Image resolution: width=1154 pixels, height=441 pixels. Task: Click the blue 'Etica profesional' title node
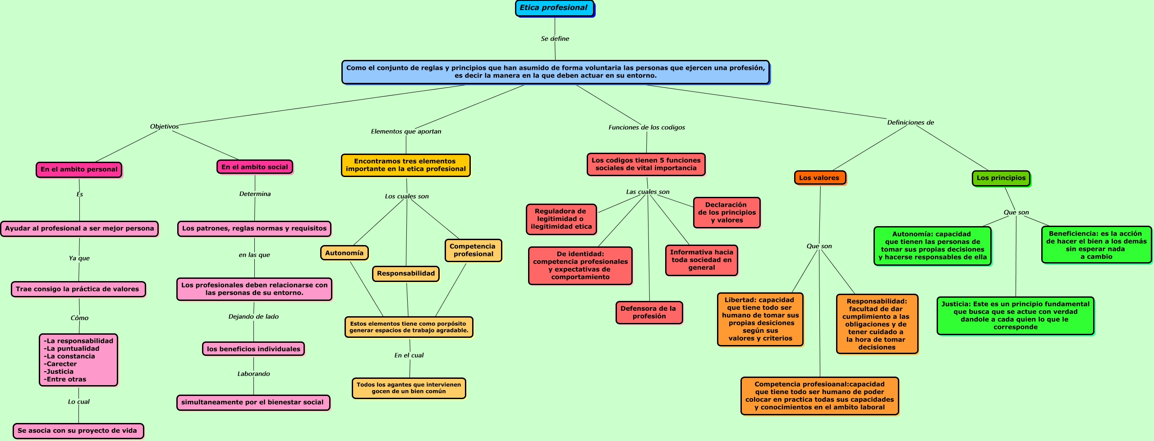[x=554, y=8]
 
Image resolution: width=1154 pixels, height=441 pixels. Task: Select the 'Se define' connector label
[x=555, y=39]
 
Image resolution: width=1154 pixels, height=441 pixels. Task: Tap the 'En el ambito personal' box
[x=79, y=169]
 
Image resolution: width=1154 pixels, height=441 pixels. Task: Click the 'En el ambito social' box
[x=255, y=167]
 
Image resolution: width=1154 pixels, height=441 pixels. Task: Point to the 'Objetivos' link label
[x=164, y=127]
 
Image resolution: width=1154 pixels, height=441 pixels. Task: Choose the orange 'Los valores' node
[x=819, y=177]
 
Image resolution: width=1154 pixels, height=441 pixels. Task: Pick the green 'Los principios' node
[x=1001, y=178]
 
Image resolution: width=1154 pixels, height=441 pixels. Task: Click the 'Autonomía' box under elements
[x=344, y=253]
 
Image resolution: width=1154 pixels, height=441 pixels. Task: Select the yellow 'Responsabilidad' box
[x=405, y=273]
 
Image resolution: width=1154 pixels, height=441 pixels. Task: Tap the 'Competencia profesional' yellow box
[x=473, y=250]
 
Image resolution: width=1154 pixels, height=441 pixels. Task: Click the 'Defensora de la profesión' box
[x=648, y=312]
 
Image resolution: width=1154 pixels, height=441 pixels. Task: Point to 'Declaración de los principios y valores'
[x=726, y=212]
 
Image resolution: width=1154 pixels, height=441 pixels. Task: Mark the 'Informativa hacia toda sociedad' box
[x=701, y=260]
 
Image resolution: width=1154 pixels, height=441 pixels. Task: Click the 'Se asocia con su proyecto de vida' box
[x=78, y=431]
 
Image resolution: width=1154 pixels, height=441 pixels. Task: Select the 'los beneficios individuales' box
[x=253, y=349]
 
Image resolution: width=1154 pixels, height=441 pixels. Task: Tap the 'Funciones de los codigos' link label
[x=646, y=127]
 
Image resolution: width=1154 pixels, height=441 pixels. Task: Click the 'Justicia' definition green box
[x=1015, y=315]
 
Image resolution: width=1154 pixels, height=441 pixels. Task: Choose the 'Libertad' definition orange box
[x=760, y=319]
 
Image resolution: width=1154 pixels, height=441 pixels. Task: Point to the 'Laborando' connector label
[x=253, y=374]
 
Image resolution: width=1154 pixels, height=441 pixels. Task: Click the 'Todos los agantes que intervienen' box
[x=409, y=388]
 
